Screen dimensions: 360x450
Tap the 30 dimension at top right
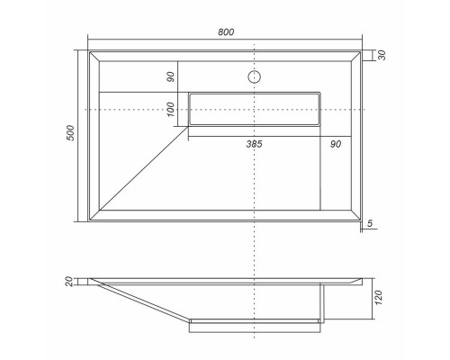[x=382, y=56]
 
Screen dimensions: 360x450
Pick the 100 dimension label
[x=170, y=109]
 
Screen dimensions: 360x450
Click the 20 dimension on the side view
[x=69, y=282]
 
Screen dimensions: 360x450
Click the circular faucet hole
[x=256, y=77]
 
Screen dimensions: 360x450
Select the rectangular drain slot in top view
[x=255, y=108]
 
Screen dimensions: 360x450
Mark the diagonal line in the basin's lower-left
[x=144, y=168]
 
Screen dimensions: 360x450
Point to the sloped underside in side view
[x=144, y=300]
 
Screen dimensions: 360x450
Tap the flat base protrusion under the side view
[x=255, y=325]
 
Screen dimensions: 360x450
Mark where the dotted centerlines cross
[x=256, y=109]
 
